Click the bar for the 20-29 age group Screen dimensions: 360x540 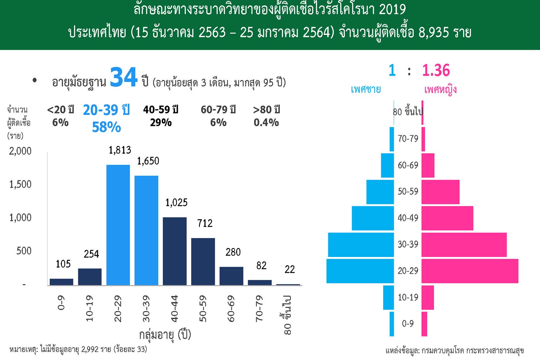click(118, 225)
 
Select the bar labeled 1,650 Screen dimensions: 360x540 click(146, 230)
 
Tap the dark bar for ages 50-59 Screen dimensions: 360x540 click(203, 261)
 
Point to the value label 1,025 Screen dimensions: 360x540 click(176, 203)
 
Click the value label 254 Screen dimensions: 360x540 click(91, 254)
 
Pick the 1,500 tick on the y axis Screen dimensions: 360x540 click(21, 184)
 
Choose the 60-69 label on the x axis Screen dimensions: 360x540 click(231, 309)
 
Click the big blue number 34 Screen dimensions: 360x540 click(123, 77)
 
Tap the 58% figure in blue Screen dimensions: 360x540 click(107, 127)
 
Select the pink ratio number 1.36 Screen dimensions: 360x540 click(436, 71)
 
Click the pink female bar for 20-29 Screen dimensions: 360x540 click(470, 271)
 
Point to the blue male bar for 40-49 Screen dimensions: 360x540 click(373, 218)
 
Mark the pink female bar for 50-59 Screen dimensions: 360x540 click(440, 192)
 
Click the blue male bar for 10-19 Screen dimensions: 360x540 click(388, 297)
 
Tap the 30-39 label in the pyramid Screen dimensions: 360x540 click(408, 244)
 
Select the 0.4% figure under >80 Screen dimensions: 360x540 click(266, 123)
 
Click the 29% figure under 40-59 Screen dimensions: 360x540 click(161, 123)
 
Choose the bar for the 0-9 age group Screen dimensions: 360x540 click(62, 282)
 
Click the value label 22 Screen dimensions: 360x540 click(290, 269)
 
